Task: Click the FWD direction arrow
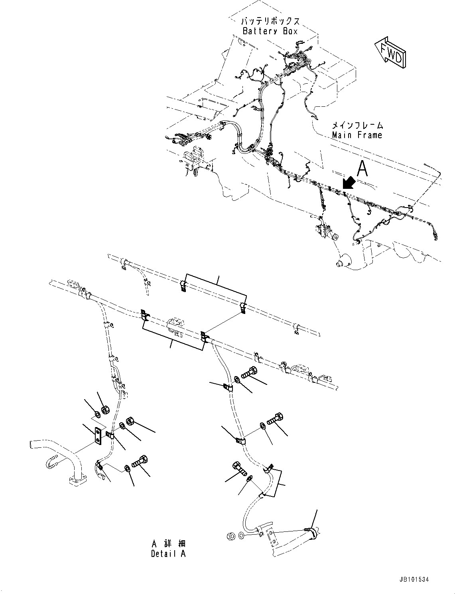391,53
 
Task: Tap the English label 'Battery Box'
270,31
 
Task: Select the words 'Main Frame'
357,135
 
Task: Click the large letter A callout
362,169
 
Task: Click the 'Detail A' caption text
168,554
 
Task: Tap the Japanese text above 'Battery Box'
270,22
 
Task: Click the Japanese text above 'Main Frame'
357,126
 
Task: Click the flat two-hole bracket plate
97,436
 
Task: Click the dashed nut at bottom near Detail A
230,536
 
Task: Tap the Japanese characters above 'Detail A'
168,544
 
